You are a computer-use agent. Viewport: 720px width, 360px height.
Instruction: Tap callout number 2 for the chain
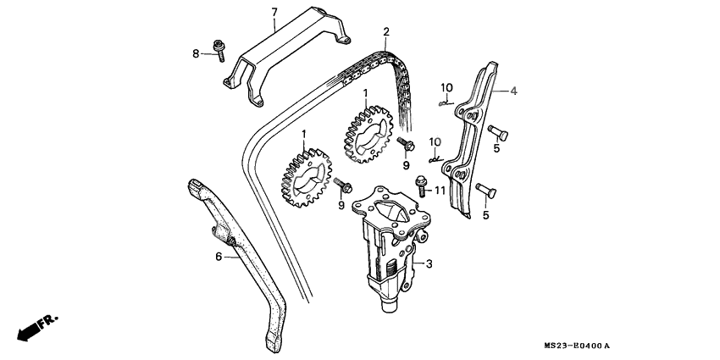[385, 32]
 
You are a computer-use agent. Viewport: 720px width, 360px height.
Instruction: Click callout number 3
[429, 264]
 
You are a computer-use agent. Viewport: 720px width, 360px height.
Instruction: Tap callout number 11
[440, 192]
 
